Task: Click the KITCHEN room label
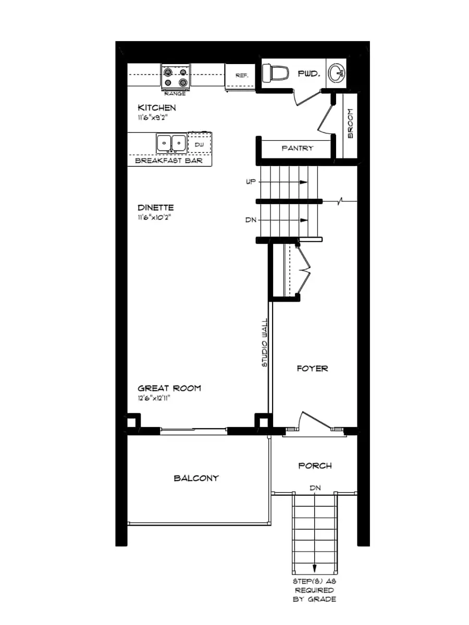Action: tap(156, 108)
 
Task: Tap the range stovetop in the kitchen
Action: tap(175, 77)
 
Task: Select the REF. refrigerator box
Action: tap(242, 76)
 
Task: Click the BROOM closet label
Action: tap(350, 123)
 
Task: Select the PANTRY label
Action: tap(298, 148)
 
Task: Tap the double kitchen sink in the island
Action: tap(171, 142)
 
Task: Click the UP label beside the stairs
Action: tap(250, 182)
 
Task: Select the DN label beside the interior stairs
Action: tap(250, 220)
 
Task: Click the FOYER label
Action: tap(312, 368)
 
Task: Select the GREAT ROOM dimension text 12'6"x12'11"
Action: tap(155, 398)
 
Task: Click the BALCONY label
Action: tap(196, 478)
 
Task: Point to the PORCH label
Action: tap(315, 465)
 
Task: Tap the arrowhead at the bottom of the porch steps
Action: tap(315, 569)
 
